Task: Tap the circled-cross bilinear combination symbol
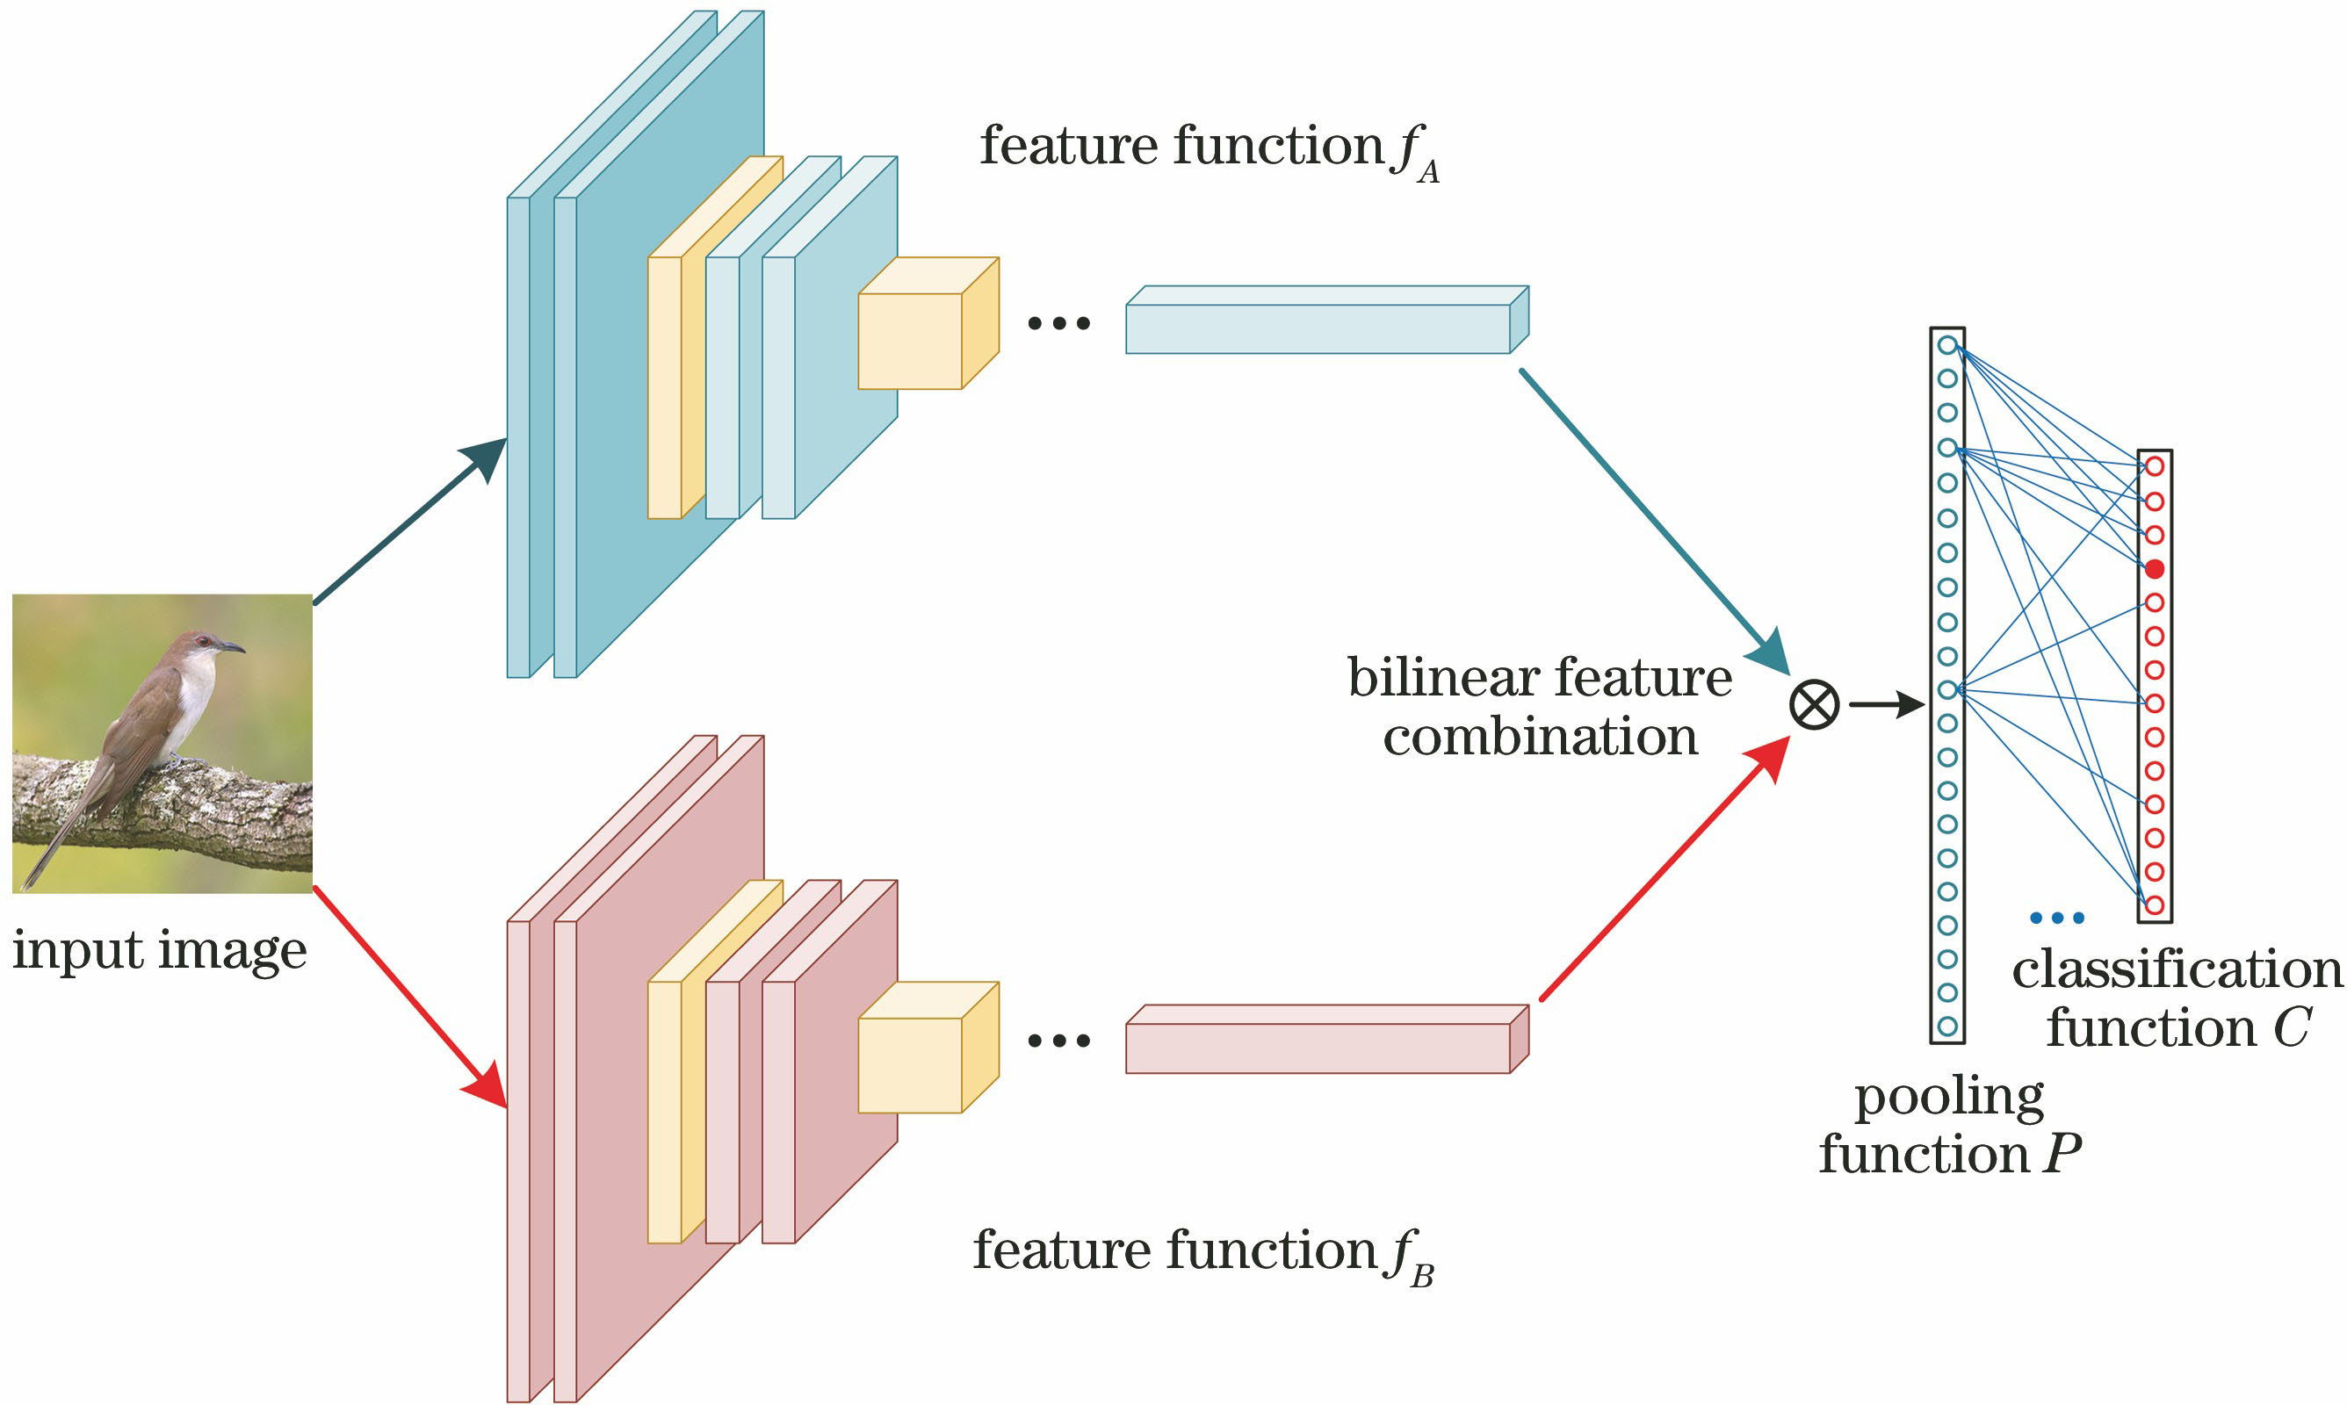pyautogui.click(x=1814, y=705)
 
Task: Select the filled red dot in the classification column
pyautogui.click(x=2155, y=569)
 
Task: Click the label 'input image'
pyautogui.click(x=159, y=949)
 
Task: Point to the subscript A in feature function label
pyautogui.click(x=1427, y=172)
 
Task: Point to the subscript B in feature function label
pyautogui.click(x=1422, y=1277)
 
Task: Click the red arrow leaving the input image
pyautogui.click(x=407, y=994)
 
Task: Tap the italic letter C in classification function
pyautogui.click(x=2291, y=1028)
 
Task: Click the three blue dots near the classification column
pyautogui.click(x=2056, y=918)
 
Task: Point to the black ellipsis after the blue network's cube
pyautogui.click(x=1058, y=324)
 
